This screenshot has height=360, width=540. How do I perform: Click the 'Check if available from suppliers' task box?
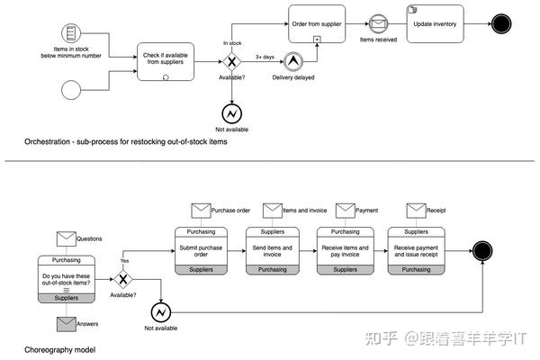[x=166, y=62]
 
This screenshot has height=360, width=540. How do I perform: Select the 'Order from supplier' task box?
[x=317, y=23]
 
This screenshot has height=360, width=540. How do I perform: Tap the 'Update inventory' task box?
[x=436, y=23]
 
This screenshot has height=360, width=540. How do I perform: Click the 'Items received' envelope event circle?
[x=379, y=23]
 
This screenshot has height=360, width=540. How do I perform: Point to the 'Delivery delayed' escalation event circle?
[x=293, y=62]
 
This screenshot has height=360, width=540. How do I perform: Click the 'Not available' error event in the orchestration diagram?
[x=232, y=113]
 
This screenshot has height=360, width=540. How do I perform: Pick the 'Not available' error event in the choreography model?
[x=161, y=312]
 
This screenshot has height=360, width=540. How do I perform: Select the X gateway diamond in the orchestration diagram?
[x=232, y=62]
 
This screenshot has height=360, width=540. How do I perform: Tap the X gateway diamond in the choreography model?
[x=123, y=279]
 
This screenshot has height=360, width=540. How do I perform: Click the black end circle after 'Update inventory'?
[x=501, y=23]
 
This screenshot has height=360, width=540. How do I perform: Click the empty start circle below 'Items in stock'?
[x=71, y=90]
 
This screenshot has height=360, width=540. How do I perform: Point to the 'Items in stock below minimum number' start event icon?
[x=71, y=33]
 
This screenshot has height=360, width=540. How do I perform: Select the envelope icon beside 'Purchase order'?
[x=201, y=211]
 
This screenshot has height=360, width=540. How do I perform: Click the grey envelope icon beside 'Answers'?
[x=67, y=324]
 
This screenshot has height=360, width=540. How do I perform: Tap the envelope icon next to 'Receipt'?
[x=416, y=211]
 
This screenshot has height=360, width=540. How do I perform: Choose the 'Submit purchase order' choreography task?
[x=201, y=251]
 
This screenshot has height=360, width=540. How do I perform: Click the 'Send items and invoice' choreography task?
[x=273, y=251]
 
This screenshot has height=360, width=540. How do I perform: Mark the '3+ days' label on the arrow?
[x=265, y=57]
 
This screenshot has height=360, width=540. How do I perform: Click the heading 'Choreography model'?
[x=60, y=350]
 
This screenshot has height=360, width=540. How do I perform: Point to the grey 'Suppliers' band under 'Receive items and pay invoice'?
[x=346, y=270]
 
